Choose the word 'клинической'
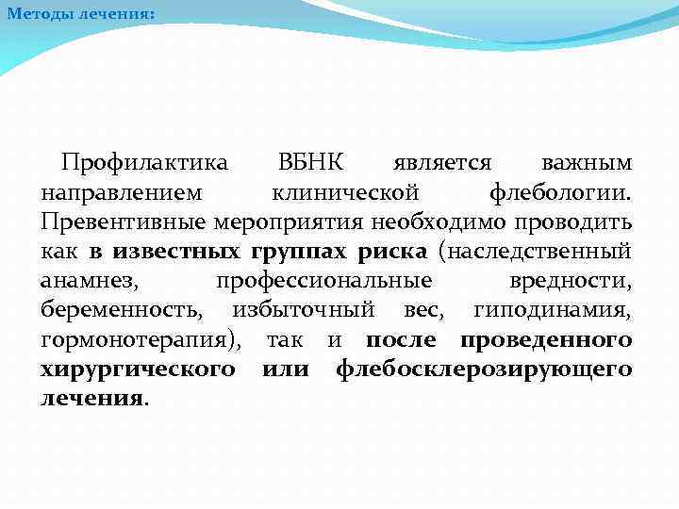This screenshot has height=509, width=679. tap(345, 193)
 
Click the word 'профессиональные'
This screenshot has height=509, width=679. tap(323, 281)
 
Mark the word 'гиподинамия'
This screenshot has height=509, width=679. tap(552, 310)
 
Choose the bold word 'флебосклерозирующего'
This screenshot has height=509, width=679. tap(484, 369)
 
